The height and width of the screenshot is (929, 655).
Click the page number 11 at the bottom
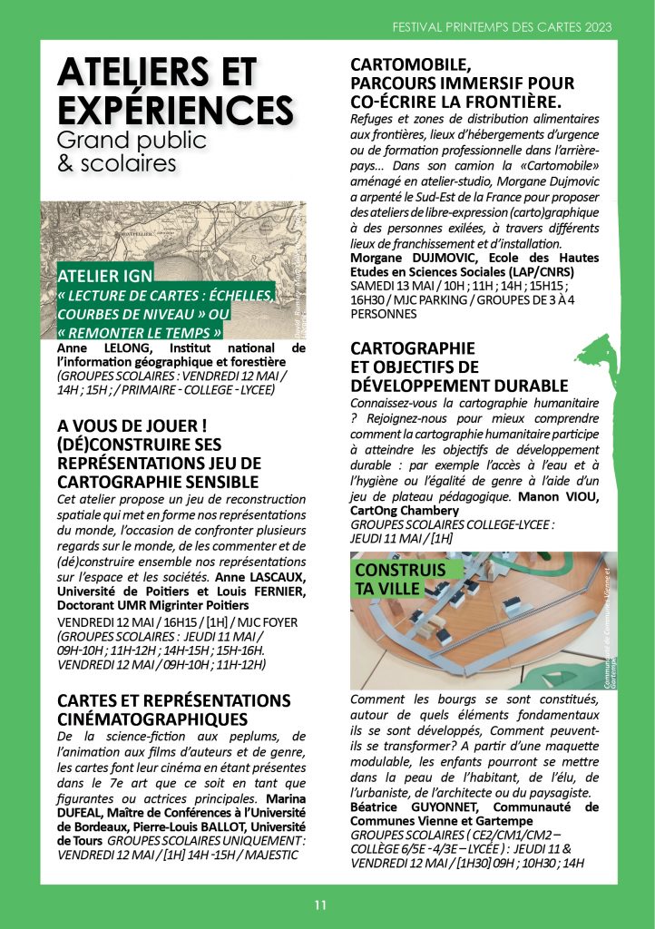tap(320, 905)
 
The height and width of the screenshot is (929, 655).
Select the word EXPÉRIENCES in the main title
tap(175, 110)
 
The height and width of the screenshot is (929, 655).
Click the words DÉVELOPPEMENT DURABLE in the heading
tap(459, 385)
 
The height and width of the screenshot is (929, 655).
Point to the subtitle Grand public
tap(132, 141)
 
